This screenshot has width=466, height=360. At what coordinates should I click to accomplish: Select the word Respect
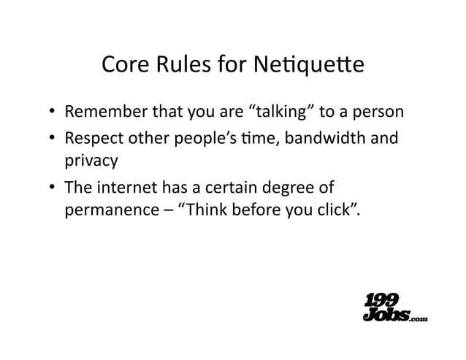point(91,139)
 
